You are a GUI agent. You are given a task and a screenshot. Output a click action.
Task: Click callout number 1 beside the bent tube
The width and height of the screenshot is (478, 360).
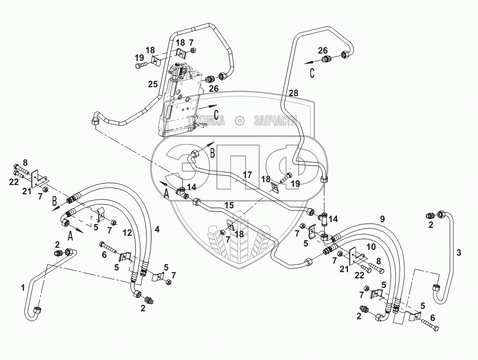point(23,288)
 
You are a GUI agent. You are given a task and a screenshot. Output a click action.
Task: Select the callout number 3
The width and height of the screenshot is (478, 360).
point(459,253)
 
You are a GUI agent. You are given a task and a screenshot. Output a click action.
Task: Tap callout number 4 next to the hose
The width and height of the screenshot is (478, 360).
point(157,229)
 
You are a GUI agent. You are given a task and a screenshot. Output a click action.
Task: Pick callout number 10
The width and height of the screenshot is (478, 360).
point(371,247)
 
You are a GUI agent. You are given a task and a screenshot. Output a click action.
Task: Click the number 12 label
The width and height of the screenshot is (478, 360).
point(127,233)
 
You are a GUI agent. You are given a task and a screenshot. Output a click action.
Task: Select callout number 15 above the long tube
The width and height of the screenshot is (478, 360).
point(229,205)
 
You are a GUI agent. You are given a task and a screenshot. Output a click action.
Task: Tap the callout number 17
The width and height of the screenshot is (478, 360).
point(247,175)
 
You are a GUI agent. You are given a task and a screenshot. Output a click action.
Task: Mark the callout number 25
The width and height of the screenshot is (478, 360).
point(153,84)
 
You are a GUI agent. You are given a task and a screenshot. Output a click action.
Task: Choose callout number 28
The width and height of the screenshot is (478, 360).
point(293,93)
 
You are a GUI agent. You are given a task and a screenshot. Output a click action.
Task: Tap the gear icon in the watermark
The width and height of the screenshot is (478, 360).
point(240,120)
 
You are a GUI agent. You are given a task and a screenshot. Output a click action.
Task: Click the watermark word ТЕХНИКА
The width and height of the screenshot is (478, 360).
point(207,120)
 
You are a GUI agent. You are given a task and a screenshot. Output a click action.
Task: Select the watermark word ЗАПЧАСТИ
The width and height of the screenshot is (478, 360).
point(275,120)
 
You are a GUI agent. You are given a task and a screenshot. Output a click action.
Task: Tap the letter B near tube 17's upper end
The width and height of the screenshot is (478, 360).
point(212,153)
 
